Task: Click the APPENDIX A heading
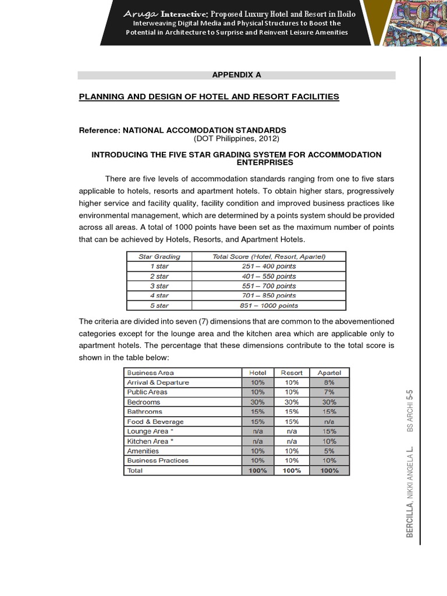click(x=236, y=75)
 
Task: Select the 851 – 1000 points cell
click(x=269, y=306)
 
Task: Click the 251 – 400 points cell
click(x=269, y=266)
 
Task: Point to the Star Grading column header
click(x=159, y=256)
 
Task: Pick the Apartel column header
click(x=329, y=372)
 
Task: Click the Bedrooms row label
click(x=143, y=402)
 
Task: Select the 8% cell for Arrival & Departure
click(x=329, y=382)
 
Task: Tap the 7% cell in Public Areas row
click(x=329, y=392)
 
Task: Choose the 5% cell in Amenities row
click(x=329, y=450)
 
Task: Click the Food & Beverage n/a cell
click(x=329, y=421)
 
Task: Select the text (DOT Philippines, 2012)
click(x=236, y=139)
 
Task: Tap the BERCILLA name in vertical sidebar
click(x=410, y=516)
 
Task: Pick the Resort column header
click(x=292, y=372)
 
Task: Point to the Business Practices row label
click(x=157, y=460)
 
